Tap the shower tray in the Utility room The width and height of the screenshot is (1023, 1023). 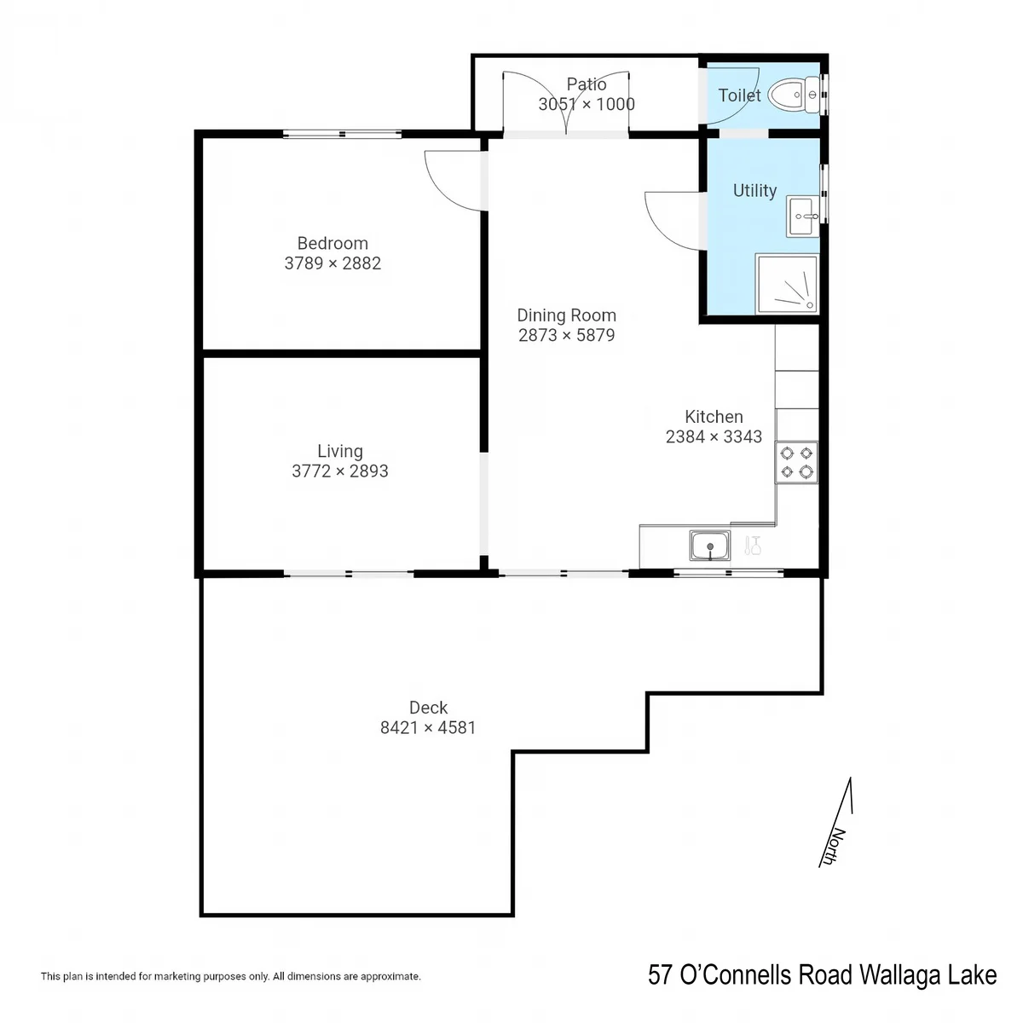(787, 284)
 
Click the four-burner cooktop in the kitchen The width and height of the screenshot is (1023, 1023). (796, 462)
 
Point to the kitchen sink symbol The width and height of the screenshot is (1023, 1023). (710, 546)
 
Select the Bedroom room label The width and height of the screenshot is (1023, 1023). (332, 243)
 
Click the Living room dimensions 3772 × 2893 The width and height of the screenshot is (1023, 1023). (340, 471)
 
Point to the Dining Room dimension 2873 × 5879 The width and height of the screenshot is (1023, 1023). (566, 335)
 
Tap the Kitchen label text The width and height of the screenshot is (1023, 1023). (714, 416)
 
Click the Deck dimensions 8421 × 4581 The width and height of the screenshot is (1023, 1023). (428, 727)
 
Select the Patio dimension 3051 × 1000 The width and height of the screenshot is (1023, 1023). (587, 104)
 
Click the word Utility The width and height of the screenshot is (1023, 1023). (754, 190)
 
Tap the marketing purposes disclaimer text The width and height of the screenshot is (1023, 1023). (231, 976)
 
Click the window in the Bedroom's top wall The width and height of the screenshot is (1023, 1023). (342, 134)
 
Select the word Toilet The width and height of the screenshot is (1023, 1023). (739, 95)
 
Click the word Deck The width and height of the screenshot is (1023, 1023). (428, 708)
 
